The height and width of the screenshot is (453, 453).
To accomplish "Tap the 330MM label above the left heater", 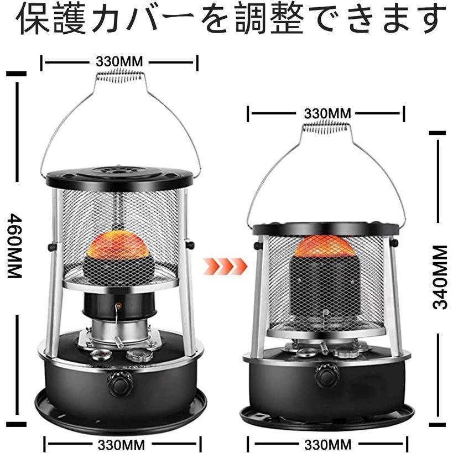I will click(119, 61).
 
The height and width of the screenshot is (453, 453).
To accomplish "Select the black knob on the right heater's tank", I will click(326, 376).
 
